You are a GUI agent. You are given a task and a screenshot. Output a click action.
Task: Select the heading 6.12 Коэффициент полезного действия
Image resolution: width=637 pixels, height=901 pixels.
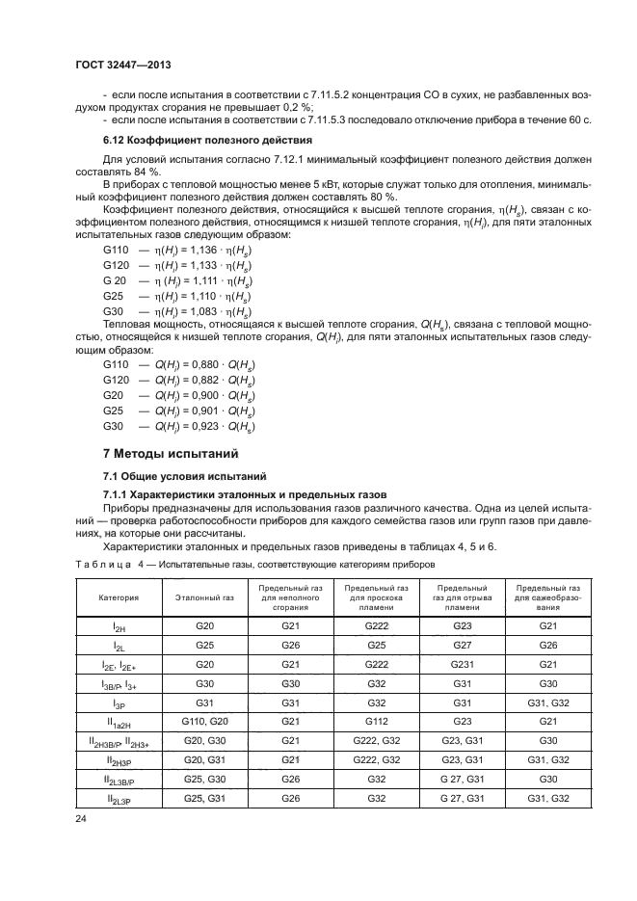[x=182, y=139]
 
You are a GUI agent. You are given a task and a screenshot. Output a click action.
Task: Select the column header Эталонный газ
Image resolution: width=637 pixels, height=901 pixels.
[x=204, y=597]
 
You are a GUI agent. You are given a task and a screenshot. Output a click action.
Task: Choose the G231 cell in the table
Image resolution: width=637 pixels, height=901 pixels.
[x=461, y=664]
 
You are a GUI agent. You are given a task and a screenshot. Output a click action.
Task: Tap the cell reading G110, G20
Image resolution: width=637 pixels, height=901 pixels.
[x=204, y=721]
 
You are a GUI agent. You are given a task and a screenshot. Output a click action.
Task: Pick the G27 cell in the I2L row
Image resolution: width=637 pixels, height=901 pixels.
[x=461, y=645]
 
